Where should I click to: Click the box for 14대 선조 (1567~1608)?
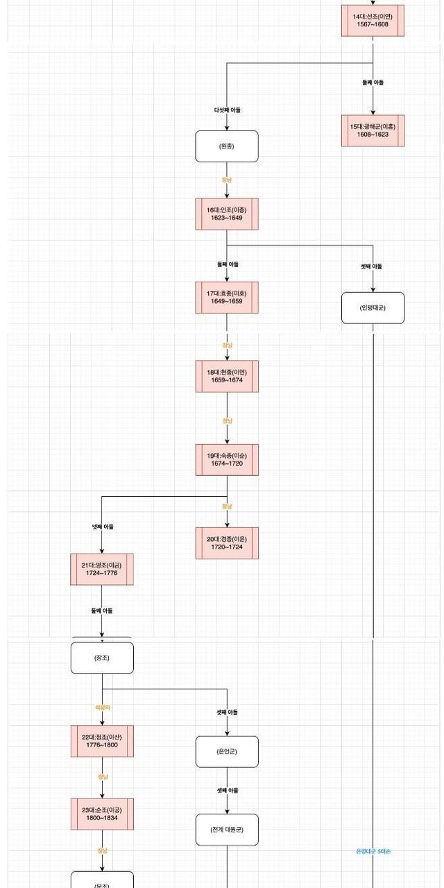tap(373, 20)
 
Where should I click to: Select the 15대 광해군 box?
tap(373, 130)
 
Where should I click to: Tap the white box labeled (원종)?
tap(227, 146)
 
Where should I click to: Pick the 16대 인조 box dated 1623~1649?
tap(227, 214)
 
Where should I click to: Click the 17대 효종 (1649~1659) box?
tap(227, 297)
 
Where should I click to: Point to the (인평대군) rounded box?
tap(373, 308)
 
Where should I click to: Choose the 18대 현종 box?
tap(227, 376)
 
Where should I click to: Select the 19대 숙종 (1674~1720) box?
tap(227, 459)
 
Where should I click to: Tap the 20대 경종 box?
tap(227, 543)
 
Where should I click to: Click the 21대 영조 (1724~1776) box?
tap(102, 569)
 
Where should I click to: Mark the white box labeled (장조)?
tap(102, 658)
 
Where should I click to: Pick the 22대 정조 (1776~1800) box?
tap(102, 741)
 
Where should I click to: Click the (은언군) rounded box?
tap(227, 752)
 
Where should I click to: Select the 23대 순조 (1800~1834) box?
tap(102, 814)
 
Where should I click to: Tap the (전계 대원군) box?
tap(227, 830)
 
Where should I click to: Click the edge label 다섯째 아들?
tap(227, 110)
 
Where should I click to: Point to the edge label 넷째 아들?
tap(103, 527)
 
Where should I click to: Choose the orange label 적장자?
tap(103, 708)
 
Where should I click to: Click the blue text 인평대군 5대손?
tap(373, 851)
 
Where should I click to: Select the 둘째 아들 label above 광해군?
tap(373, 83)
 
